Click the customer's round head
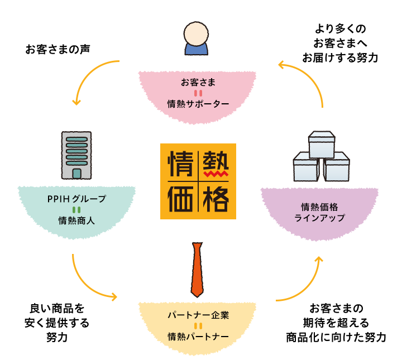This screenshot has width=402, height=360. pos(197,33)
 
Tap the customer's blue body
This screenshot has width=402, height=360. pos(197,50)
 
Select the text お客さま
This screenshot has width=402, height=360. pos(198,83)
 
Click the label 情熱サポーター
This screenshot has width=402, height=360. pos(198,104)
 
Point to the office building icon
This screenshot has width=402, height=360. pos(76,155)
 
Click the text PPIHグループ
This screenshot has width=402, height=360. pos(76,199)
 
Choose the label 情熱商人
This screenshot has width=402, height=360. pos(76,220)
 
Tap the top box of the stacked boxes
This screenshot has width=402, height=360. pos(321,143)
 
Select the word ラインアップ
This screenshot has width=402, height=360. pos(319,217)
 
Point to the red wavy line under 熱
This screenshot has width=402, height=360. pos(216,175)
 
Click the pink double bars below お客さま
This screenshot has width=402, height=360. pos(198,93)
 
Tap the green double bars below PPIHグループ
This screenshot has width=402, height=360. pos(76,209)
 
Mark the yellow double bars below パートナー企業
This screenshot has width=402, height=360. pos(198,325)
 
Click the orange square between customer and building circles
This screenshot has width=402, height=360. pos(95,83)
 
